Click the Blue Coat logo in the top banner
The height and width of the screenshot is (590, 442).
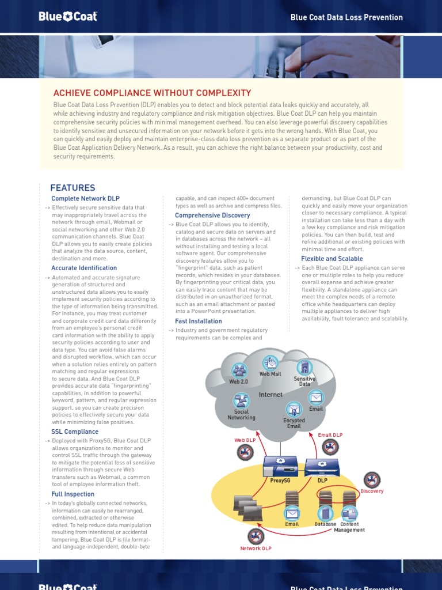point(68,17)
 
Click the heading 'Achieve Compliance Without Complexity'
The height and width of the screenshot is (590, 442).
point(152,93)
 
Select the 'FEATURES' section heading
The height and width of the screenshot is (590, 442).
point(73,188)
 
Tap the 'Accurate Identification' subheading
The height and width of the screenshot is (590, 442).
point(84,268)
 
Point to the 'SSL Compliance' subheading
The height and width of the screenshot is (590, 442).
point(75,432)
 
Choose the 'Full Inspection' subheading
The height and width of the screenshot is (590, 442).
point(73,494)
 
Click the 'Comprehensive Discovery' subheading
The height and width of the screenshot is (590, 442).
point(212,215)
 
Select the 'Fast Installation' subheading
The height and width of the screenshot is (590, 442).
point(199,322)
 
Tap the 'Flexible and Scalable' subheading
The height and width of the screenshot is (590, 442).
point(332,259)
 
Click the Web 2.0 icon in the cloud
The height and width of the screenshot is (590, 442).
point(239,370)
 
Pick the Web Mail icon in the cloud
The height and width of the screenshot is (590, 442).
point(270,363)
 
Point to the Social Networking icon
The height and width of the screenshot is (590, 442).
point(241,401)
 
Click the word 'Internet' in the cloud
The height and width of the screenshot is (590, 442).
point(270,395)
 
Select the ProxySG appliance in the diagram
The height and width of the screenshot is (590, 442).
point(279,465)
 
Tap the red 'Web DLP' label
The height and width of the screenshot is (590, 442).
point(244,440)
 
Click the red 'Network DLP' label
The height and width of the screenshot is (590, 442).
point(256,549)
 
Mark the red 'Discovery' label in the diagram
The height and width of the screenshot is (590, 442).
point(372,491)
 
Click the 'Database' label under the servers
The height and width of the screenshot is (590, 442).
point(325,524)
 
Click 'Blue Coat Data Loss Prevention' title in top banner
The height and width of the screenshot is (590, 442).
point(346,17)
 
